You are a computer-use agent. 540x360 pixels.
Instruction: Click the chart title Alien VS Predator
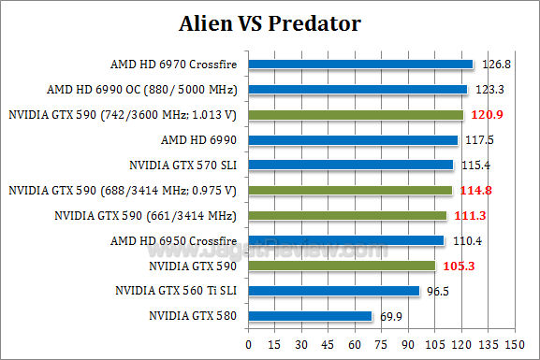coord(270,22)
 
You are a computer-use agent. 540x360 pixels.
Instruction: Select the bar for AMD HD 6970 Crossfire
coord(360,65)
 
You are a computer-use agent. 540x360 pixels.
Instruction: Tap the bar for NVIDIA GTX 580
coord(310,316)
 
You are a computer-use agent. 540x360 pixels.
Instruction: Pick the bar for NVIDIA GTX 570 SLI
coord(350,166)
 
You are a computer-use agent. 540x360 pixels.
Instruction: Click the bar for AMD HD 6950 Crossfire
coord(345,240)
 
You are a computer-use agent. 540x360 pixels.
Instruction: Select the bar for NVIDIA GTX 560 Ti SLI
coord(333,291)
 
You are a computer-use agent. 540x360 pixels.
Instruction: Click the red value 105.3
coord(458,266)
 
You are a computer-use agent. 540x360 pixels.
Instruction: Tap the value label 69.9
coord(391,317)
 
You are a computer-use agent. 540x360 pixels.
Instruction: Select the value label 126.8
coord(497,65)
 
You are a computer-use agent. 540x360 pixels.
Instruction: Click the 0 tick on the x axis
coord(248,345)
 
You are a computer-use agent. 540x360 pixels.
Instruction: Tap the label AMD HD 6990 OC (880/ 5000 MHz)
coord(141,91)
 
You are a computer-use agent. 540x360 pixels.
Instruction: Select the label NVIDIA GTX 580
coord(193,316)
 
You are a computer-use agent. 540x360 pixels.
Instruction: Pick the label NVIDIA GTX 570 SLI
coord(183,166)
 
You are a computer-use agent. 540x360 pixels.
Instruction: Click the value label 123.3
coord(490,90)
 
